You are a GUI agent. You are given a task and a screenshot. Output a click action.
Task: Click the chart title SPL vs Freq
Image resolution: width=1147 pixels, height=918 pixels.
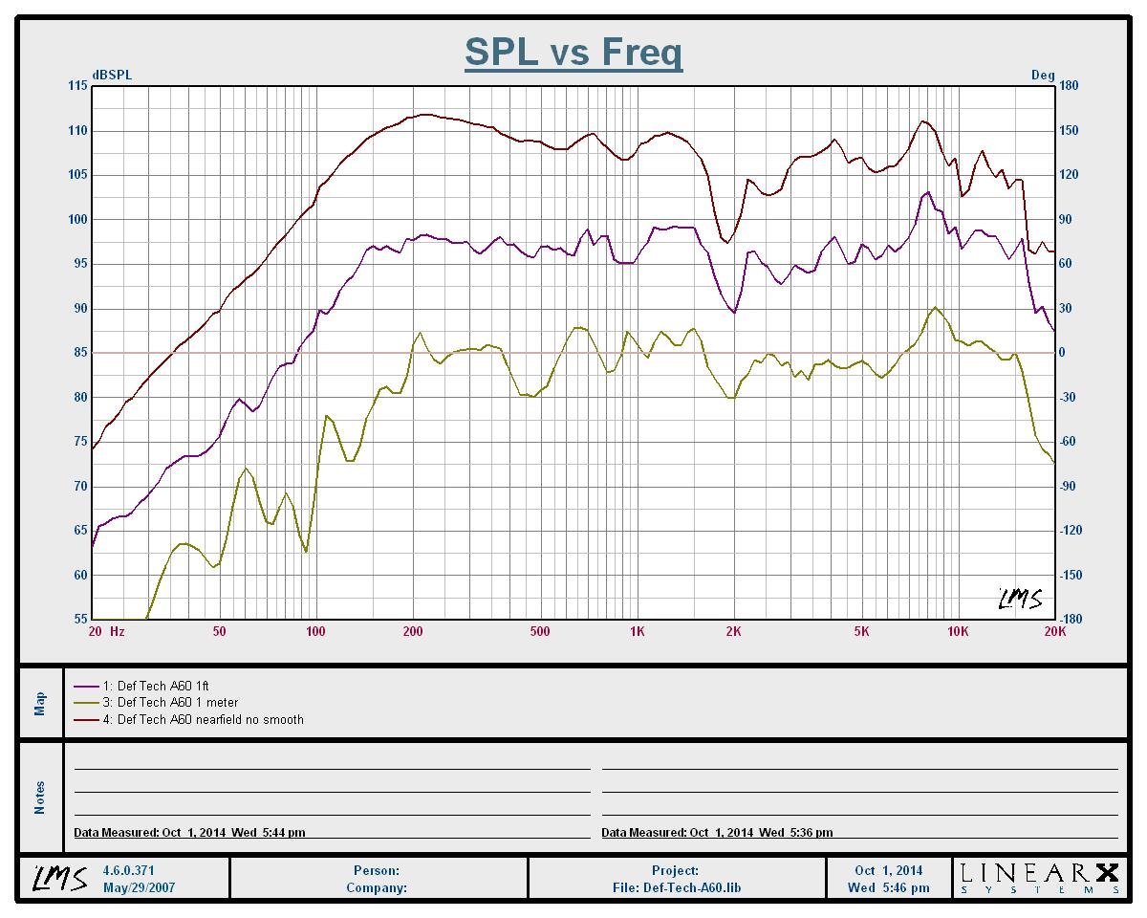(573, 52)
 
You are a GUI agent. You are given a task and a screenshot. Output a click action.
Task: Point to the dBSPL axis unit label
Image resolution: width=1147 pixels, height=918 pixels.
(111, 75)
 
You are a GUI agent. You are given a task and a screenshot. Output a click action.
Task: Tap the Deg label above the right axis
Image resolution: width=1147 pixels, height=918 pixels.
(1043, 75)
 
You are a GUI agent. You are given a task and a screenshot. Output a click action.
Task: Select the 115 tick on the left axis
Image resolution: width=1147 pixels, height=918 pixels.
(76, 86)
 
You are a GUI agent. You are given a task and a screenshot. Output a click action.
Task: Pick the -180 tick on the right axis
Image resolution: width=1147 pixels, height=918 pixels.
(1071, 620)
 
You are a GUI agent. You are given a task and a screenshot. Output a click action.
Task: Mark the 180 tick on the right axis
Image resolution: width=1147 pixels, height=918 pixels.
(1069, 86)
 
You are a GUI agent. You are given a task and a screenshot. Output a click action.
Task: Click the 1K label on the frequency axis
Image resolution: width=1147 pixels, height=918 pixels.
(637, 632)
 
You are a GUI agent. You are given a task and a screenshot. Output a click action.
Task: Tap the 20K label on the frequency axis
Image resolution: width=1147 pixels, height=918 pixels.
(1054, 632)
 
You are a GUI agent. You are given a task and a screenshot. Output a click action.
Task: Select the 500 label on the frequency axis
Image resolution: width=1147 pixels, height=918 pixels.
(540, 632)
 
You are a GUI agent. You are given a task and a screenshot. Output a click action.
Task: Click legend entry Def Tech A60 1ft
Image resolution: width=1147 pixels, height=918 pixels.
(162, 686)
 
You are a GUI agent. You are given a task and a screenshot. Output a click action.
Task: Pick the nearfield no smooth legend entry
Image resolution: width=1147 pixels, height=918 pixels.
(209, 720)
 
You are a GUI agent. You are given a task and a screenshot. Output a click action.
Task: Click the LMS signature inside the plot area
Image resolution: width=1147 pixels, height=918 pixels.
(1020, 600)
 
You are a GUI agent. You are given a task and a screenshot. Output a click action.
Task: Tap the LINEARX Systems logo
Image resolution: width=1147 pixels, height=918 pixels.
(1040, 878)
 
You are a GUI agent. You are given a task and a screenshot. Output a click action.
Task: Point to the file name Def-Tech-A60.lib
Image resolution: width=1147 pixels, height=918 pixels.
(676, 887)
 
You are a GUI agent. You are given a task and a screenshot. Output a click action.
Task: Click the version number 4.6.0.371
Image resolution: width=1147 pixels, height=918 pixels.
(128, 871)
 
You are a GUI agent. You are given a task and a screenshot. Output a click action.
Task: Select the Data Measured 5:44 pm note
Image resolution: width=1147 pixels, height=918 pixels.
(190, 833)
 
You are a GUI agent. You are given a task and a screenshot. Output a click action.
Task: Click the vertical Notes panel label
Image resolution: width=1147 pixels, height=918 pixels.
(40, 798)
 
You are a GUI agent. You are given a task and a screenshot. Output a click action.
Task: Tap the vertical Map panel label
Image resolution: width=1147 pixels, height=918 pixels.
(40, 704)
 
